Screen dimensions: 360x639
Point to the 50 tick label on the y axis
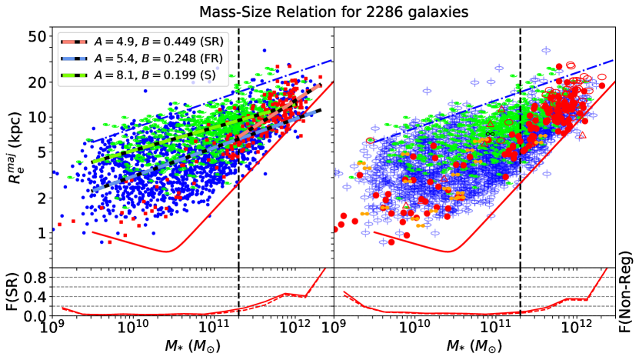click(38, 36)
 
